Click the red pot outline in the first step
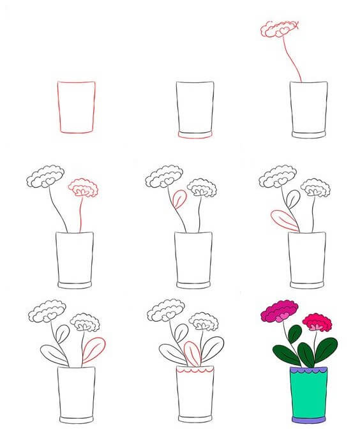click(x=76, y=107)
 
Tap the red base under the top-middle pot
click(x=195, y=135)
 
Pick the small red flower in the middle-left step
click(x=83, y=188)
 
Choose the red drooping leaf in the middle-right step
click(x=285, y=220)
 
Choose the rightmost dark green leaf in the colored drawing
click(x=326, y=349)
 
